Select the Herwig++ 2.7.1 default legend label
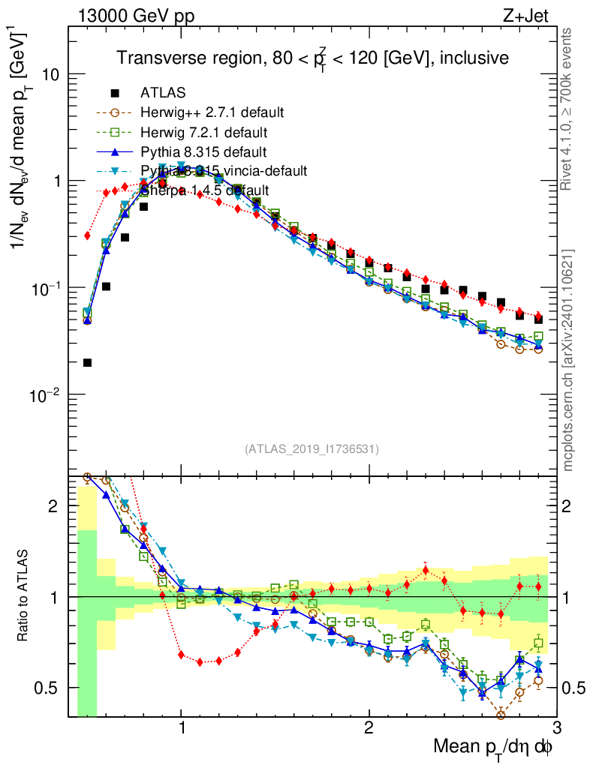click(212, 113)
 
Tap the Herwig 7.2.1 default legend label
click(204, 133)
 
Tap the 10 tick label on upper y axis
click(51, 75)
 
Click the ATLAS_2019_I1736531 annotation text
click(312, 449)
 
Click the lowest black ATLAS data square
click(87, 363)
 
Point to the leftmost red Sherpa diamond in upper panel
click(87, 235)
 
